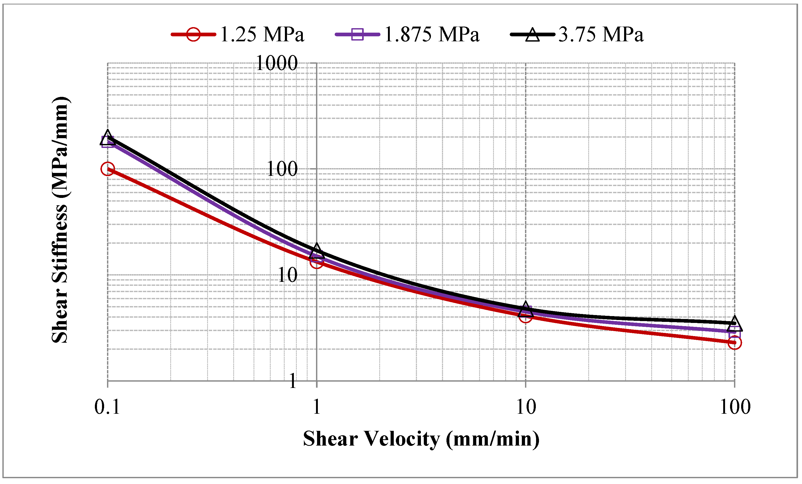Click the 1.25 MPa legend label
pyautogui.click(x=262, y=34)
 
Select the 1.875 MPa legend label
pyautogui.click(x=432, y=34)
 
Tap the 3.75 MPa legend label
pyautogui.click(x=601, y=34)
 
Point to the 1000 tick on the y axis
pyautogui.click(x=277, y=63)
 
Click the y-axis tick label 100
pyautogui.click(x=282, y=169)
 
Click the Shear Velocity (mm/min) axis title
pyautogui.click(x=421, y=439)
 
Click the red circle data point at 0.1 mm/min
pyautogui.click(x=108, y=169)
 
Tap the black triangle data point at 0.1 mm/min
pyautogui.click(x=108, y=137)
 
